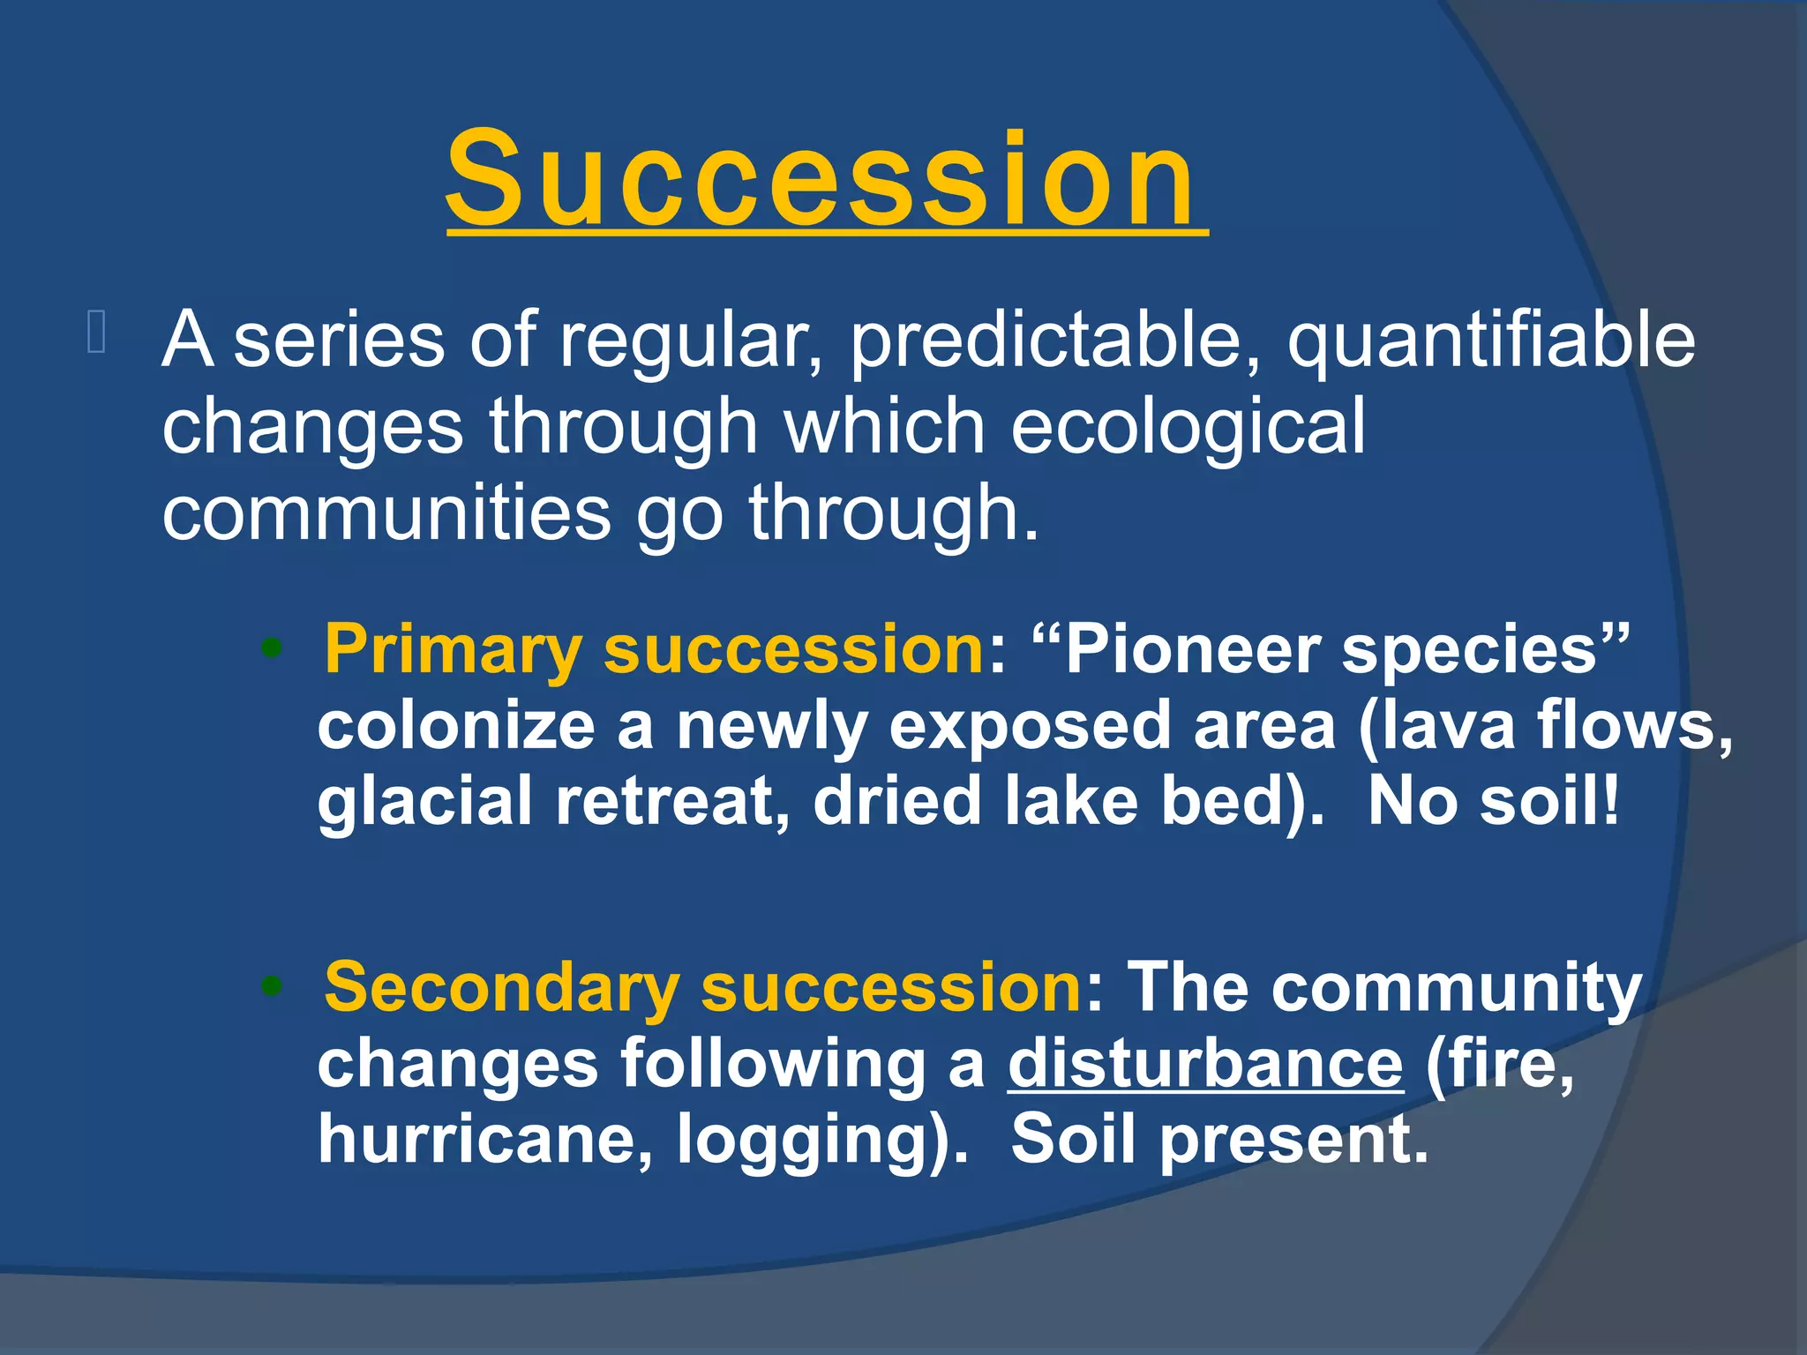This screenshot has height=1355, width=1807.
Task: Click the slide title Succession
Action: coord(825,179)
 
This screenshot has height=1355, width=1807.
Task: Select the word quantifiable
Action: coord(1490,342)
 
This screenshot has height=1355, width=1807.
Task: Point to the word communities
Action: coord(386,513)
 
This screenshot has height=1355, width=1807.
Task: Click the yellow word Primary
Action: coord(453,650)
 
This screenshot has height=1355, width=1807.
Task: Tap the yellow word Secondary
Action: coord(501,988)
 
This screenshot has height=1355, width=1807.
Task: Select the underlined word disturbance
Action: coord(1204,1064)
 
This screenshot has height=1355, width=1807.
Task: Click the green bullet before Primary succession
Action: coord(272,651)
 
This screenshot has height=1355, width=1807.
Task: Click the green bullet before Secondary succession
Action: coord(272,988)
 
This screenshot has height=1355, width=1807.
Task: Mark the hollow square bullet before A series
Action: coord(97,333)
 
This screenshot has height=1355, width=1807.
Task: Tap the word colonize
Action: coord(455,725)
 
